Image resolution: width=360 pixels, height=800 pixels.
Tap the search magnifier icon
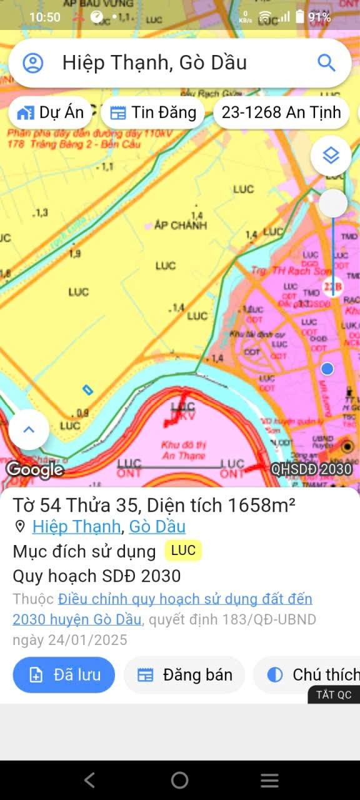pos(326,62)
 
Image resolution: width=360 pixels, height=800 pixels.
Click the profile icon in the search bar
pos(33,62)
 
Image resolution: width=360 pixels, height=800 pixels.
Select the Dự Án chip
pos(51,112)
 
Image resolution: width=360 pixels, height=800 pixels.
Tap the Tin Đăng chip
pos(152,112)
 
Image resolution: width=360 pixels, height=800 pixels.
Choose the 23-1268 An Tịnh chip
pos(281,112)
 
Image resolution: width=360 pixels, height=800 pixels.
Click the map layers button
pos(331,155)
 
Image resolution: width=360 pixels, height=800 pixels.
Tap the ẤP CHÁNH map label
pos(180,225)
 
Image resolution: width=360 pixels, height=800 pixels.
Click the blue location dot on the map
pos(327,369)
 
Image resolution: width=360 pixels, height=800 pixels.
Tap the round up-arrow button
pos(29,429)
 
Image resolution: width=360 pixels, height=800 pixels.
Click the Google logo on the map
pos(35,469)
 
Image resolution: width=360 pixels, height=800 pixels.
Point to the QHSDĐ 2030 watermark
pos(311,469)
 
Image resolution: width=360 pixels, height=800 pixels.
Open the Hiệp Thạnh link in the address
pos(76,526)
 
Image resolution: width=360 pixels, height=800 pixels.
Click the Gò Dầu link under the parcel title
pos(157,526)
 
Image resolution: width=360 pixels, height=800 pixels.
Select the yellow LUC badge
pos(183,551)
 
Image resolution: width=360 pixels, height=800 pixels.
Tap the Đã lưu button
pos(64,675)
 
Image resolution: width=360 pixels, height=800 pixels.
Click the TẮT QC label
pos(334,694)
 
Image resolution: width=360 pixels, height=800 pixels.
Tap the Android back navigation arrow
pos(90,779)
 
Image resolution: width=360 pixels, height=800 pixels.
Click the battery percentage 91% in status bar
pos(319,17)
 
